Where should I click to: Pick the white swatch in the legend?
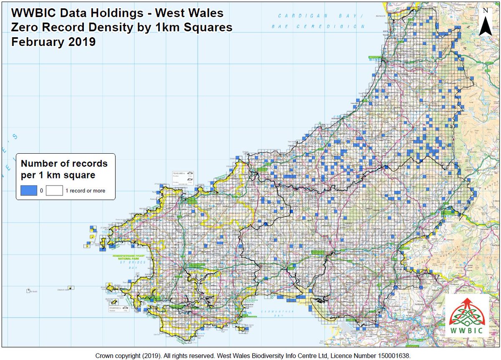(x=54, y=190)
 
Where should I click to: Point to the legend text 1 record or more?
(x=85, y=191)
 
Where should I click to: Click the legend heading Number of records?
(x=64, y=163)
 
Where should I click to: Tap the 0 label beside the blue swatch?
(x=41, y=191)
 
